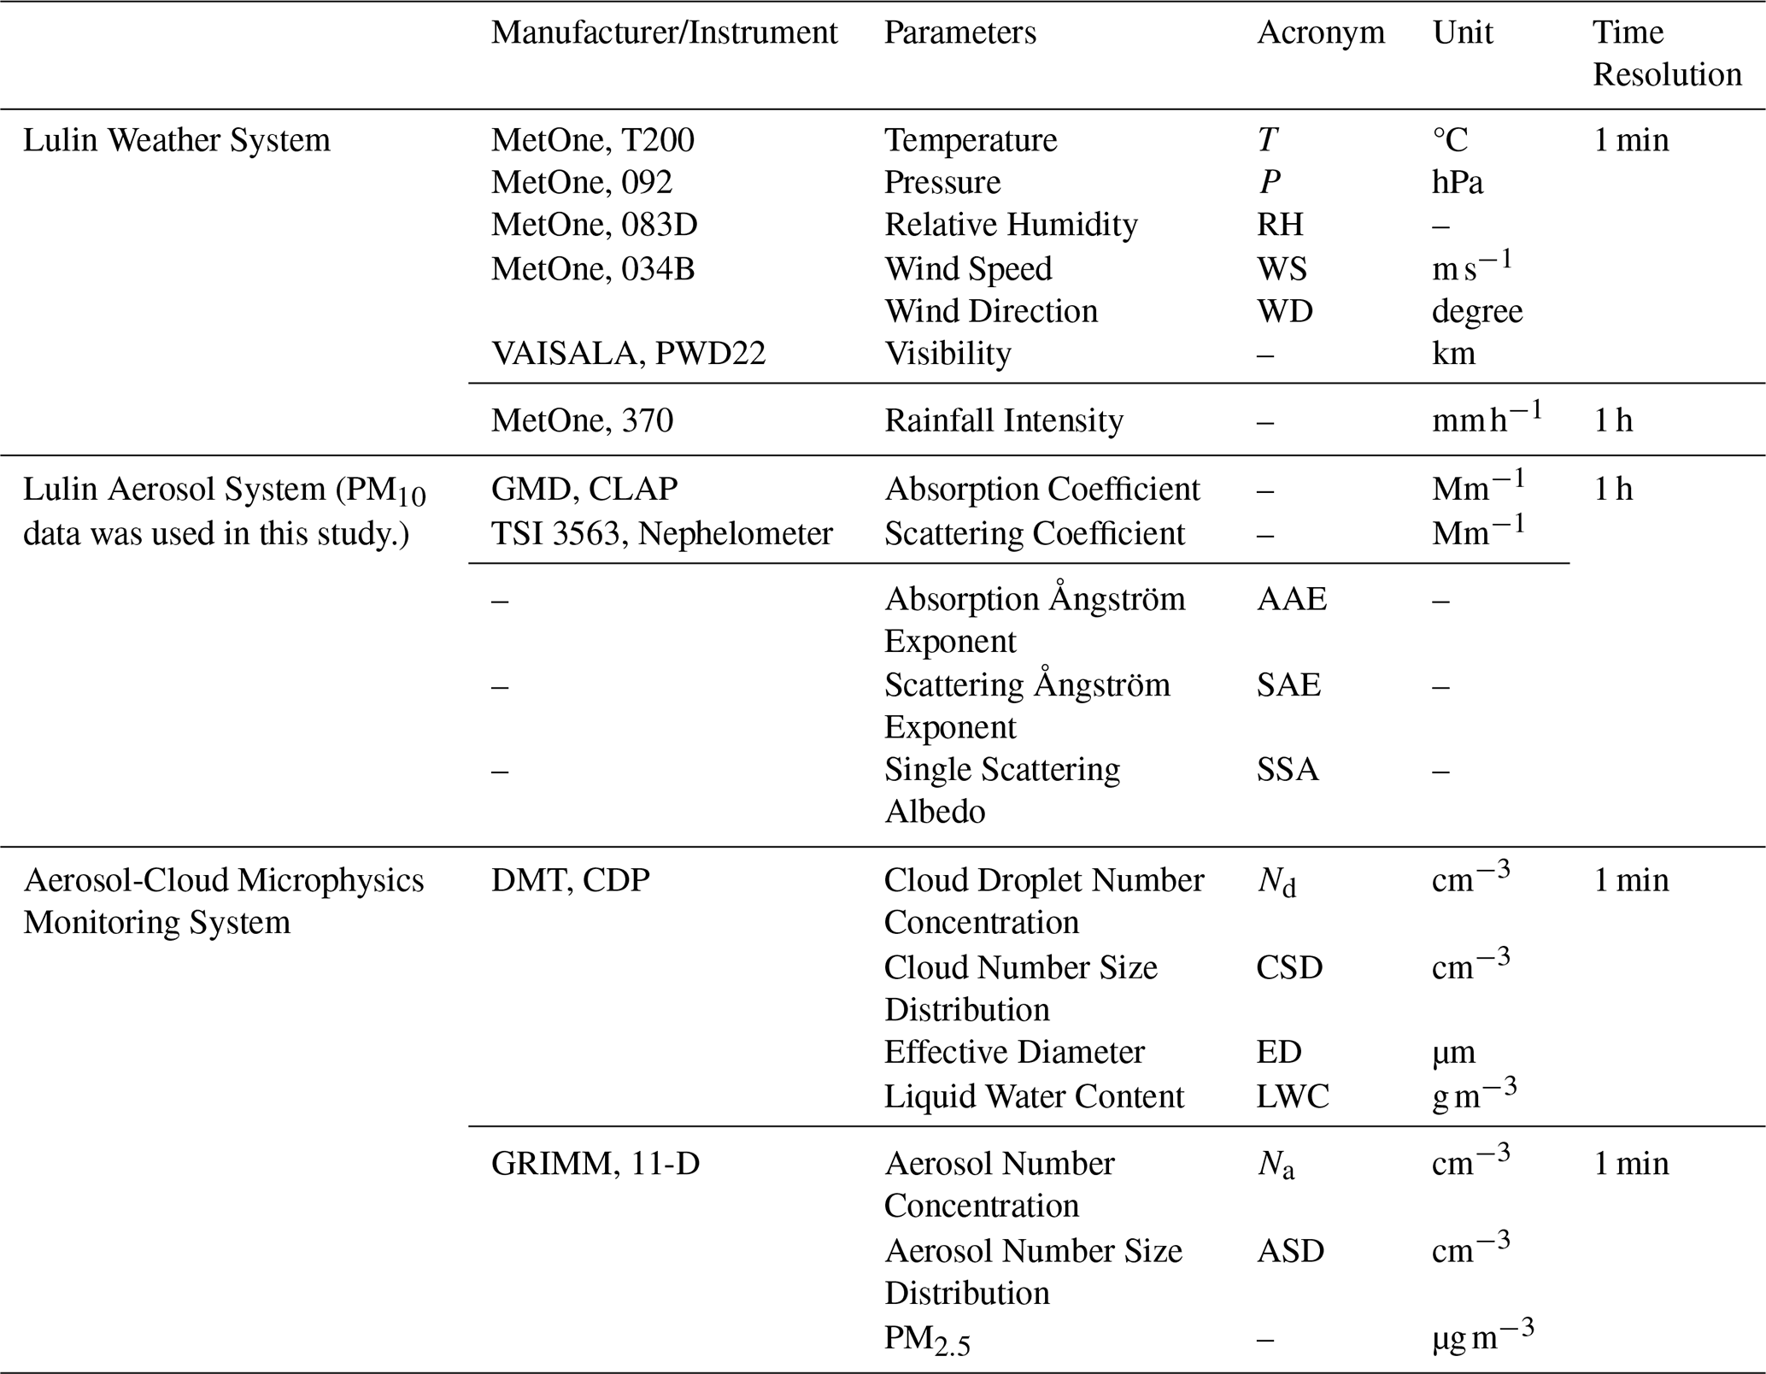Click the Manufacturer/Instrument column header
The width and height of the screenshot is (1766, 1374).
[x=664, y=33]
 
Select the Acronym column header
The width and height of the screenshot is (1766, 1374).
[x=1320, y=33]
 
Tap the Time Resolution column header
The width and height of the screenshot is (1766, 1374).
[x=1666, y=54]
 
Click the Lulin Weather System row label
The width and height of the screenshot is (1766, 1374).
[x=176, y=140]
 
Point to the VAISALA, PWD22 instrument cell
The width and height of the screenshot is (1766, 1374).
[x=628, y=353]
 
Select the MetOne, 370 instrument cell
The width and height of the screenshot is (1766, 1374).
[x=582, y=420]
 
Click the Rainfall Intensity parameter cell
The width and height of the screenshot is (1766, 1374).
[x=1003, y=420]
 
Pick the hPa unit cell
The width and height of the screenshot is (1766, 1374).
[x=1458, y=183]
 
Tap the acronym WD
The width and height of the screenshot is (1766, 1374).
[x=1284, y=311]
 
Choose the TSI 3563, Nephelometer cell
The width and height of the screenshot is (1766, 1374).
[x=661, y=533]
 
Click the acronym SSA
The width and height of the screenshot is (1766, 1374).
[x=1287, y=769]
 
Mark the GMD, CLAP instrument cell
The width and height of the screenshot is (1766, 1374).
[x=584, y=489]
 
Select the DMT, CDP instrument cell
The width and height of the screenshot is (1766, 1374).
[x=570, y=880]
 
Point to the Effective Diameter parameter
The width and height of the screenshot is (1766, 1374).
[x=1013, y=1052]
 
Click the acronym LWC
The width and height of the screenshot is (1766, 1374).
[x=1292, y=1096]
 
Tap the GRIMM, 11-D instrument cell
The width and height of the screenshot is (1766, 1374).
[x=595, y=1164]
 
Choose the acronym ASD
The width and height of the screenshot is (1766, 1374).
[x=1290, y=1251]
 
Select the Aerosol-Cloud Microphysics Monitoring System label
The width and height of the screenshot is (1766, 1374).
[x=223, y=901]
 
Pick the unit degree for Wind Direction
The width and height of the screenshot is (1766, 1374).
[x=1476, y=311]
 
